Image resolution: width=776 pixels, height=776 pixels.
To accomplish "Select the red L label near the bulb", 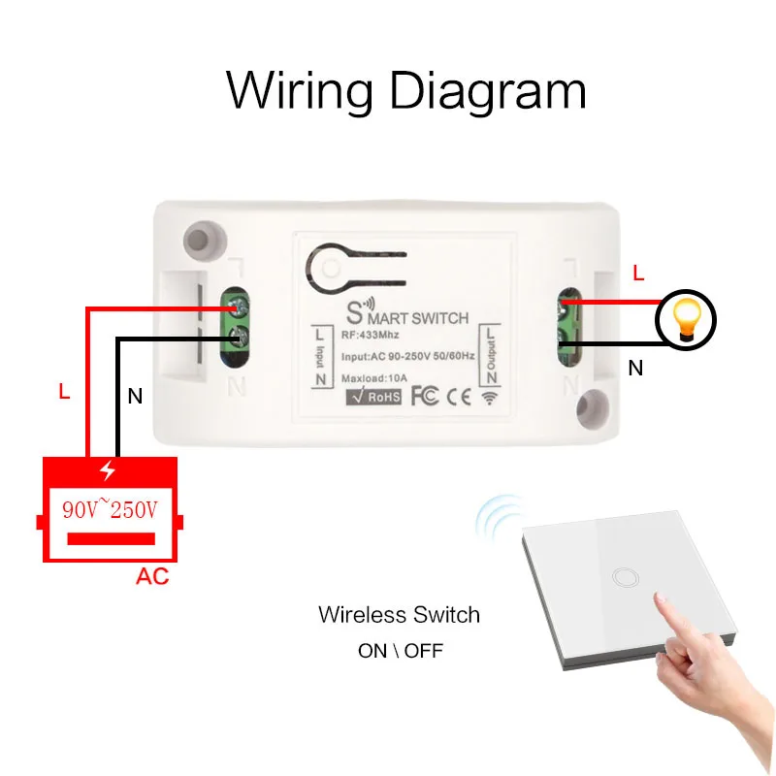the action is (637, 275).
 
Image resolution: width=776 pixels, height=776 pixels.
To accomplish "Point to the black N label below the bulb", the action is (636, 369).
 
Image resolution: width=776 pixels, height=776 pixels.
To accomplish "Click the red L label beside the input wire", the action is (64, 393).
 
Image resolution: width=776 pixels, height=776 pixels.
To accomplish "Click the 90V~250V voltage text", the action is (109, 510).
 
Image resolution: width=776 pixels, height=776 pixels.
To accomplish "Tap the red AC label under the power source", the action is (152, 577).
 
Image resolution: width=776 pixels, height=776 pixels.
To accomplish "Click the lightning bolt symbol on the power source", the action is (108, 471).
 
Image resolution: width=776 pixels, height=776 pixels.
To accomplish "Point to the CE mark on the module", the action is (461, 396).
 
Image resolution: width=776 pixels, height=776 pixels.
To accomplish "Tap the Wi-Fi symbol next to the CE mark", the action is (488, 397).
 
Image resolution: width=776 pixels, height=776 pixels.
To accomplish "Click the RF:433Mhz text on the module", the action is (366, 335).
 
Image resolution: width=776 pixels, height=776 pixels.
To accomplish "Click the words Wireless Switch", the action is (399, 615).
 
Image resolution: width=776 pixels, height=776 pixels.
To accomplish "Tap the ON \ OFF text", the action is (400, 651).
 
